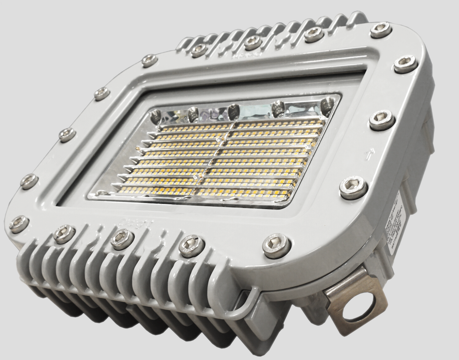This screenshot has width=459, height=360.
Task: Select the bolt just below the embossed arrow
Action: coord(353,188)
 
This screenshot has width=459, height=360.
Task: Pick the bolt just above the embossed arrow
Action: coord(382,120)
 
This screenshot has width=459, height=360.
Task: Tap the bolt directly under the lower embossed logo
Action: coord(122,239)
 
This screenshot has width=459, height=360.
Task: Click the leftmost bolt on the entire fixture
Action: coord(19,224)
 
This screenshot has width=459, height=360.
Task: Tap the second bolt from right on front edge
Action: coord(192,245)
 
